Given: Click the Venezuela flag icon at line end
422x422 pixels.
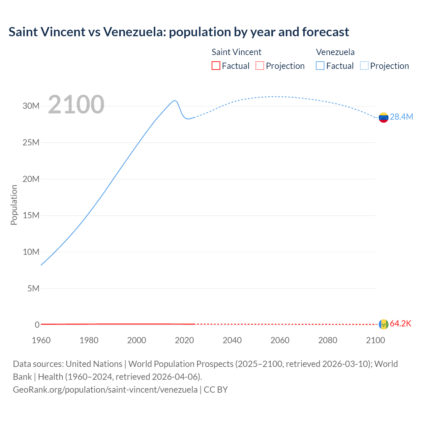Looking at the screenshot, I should click(383, 117).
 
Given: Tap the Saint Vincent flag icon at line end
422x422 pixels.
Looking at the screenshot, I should click(383, 324).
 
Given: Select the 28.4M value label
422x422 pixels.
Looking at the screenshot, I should click(401, 117).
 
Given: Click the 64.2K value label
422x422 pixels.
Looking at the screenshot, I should click(401, 324).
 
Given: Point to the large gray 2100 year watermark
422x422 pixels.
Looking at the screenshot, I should click(76, 105).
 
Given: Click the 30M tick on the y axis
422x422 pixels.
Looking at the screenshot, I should click(31, 106).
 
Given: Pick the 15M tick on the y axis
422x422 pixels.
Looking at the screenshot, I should click(31, 216).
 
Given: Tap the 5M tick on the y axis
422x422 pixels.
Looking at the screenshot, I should click(33, 289).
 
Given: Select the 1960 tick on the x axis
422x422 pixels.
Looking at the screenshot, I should click(41, 340).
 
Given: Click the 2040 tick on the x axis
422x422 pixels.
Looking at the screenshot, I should click(232, 340).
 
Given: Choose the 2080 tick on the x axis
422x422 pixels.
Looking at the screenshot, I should click(328, 340).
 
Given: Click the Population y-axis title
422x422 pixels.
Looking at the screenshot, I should click(14, 205).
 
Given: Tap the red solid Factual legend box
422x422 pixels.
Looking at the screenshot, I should click(216, 66).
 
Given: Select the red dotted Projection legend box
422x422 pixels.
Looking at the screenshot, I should click(260, 66).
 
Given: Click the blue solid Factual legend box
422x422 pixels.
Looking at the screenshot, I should click(320, 66).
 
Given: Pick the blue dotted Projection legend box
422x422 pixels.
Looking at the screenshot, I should click(364, 66).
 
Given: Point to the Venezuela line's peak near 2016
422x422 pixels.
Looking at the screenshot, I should click(175, 100).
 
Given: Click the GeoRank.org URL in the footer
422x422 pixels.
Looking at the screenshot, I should click(105, 390).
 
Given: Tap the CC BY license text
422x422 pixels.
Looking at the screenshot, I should click(216, 390).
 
